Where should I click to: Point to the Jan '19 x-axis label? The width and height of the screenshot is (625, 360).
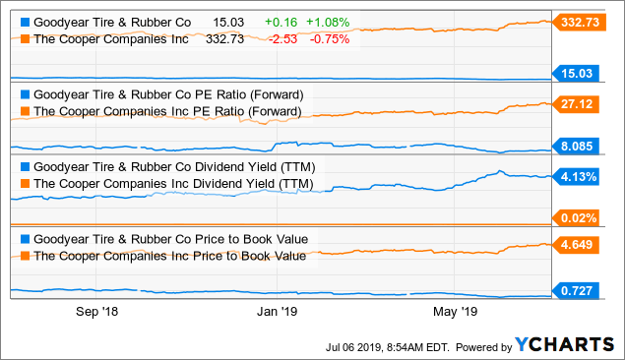click(x=277, y=312)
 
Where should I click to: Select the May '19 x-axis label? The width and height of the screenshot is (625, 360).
click(x=454, y=312)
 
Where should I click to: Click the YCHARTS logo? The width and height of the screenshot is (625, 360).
click(x=563, y=345)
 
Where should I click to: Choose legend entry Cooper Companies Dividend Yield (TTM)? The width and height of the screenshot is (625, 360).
click(x=173, y=183)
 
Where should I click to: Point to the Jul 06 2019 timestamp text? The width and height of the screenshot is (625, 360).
click(x=388, y=346)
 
